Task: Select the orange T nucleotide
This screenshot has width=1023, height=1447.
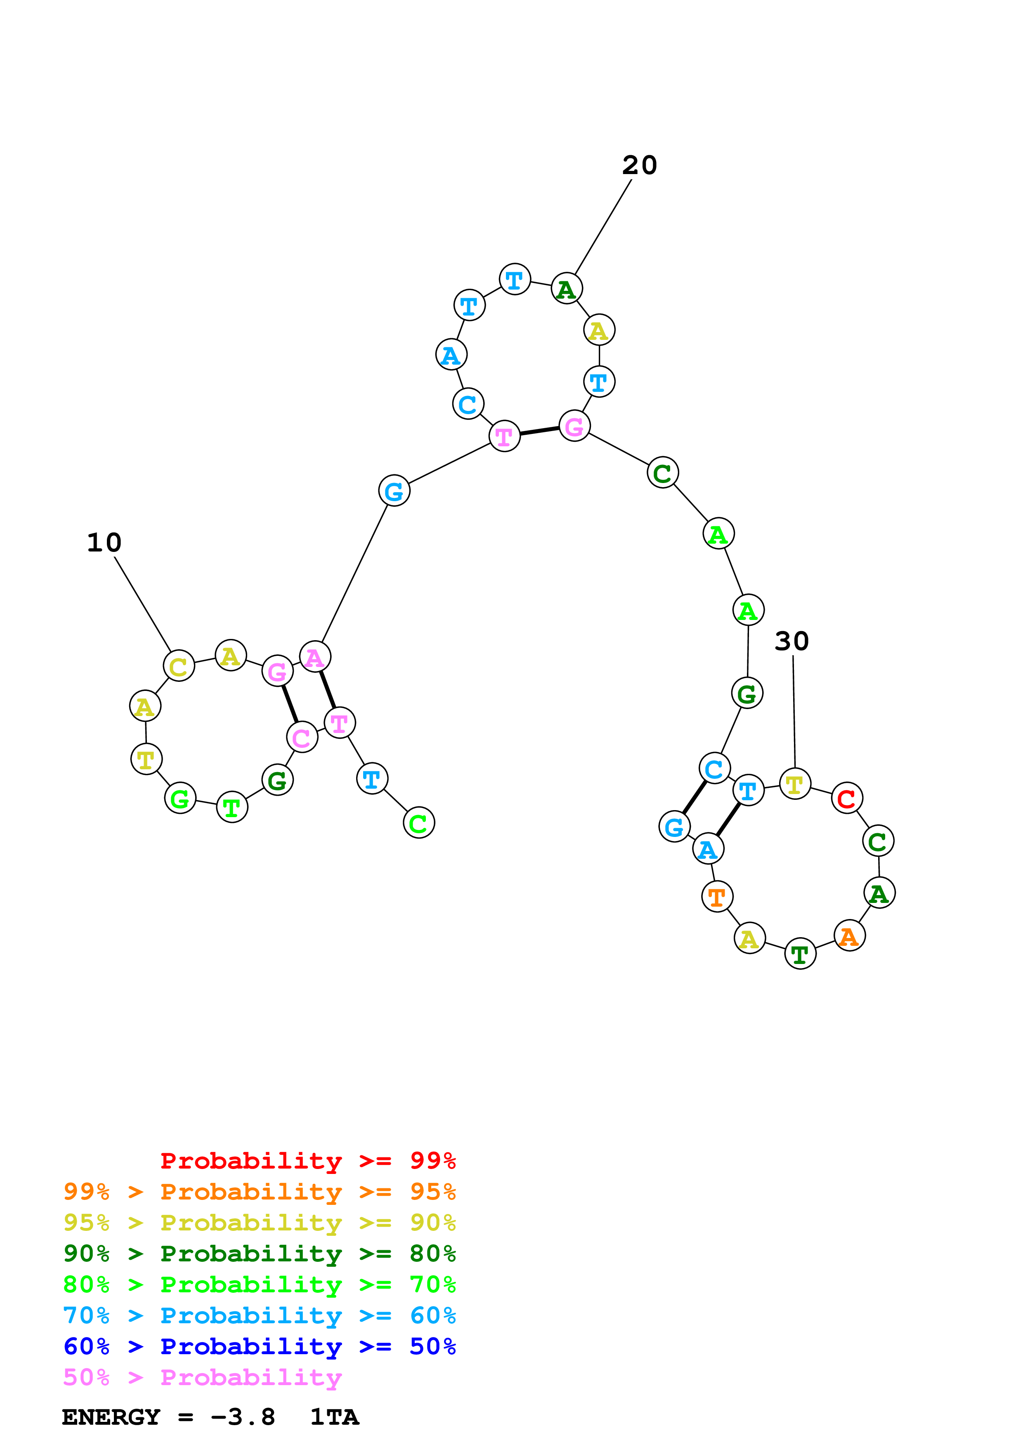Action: (x=717, y=897)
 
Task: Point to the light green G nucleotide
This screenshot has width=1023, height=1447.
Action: (x=180, y=799)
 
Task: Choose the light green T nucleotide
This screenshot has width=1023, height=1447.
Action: (x=232, y=807)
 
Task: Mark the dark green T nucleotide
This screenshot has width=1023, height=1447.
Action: (x=800, y=954)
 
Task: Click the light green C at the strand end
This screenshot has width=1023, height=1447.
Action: (x=418, y=823)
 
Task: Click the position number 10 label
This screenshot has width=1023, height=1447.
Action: (x=104, y=543)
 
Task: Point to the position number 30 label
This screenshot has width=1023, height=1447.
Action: (x=791, y=641)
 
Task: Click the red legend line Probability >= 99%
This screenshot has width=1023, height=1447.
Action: (x=307, y=1161)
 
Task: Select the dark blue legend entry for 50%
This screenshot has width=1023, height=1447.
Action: (x=260, y=1346)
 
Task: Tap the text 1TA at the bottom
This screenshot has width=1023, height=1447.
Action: (x=334, y=1417)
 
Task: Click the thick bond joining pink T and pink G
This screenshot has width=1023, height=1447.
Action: (x=539, y=431)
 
